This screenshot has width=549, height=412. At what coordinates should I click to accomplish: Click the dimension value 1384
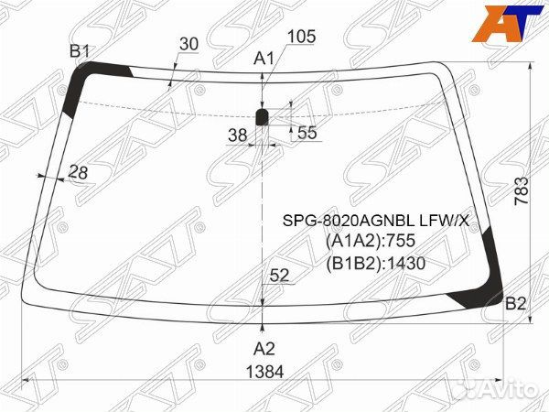tap(264, 372)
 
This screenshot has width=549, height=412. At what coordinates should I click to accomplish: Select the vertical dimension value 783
tap(522, 191)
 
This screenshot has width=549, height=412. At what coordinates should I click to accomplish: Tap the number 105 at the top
tap(301, 37)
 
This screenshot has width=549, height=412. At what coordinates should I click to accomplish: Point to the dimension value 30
tap(188, 44)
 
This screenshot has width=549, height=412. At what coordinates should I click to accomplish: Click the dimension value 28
tap(78, 172)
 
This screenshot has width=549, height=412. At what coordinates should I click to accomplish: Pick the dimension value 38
tap(237, 135)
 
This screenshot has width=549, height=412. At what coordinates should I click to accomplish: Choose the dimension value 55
tap(307, 133)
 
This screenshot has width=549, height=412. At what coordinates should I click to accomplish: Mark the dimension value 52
tap(279, 276)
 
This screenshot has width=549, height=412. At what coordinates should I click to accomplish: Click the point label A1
tap(264, 59)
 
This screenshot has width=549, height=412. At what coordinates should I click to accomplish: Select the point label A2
tap(264, 349)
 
